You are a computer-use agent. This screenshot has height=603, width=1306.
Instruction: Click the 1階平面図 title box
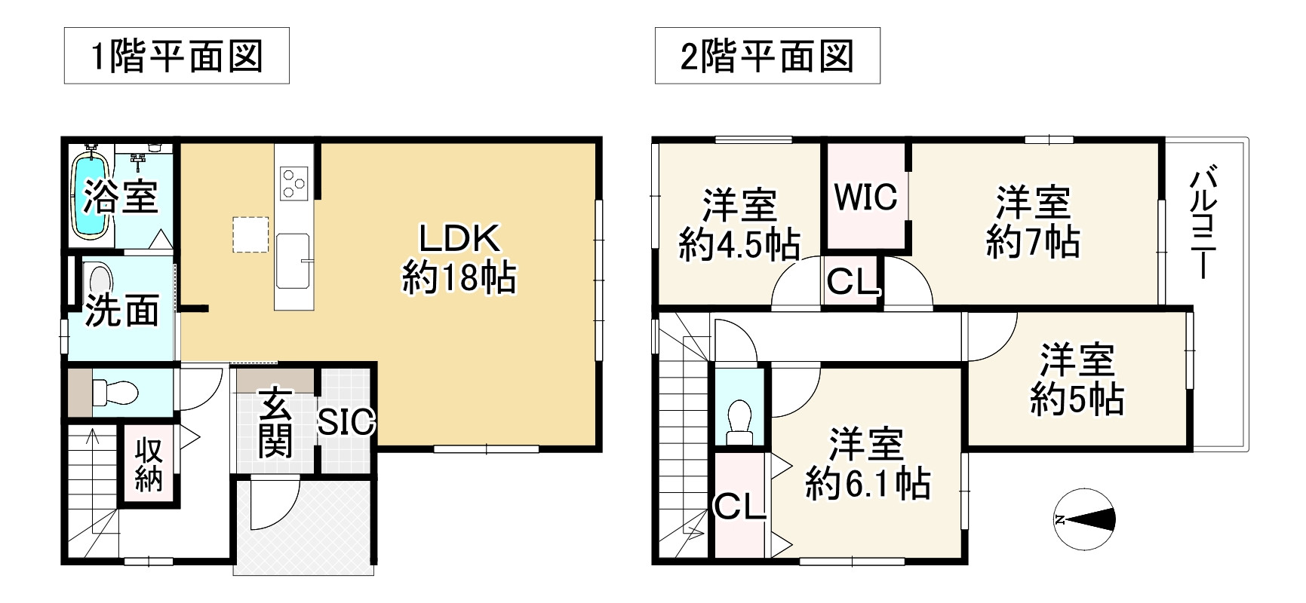pos(177,56)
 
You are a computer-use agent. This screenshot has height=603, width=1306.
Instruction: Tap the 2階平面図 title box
pos(767,56)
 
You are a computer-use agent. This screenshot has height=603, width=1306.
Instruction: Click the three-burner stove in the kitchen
pos(293,183)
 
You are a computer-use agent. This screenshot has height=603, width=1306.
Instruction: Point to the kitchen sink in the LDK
pos(293,260)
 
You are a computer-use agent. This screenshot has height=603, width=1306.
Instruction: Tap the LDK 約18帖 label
pos(459,259)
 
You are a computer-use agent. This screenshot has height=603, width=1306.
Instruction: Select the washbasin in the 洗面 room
pos(99,278)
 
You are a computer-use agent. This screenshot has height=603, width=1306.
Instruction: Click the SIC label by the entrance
pos(346,422)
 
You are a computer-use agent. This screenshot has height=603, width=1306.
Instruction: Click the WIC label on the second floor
pos(865,197)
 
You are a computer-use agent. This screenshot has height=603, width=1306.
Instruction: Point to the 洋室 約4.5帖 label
pos(739,225)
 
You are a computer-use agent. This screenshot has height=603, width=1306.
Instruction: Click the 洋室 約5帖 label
pos(1077,379)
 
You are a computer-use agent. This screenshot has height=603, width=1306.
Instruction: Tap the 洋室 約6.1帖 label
pos(868,464)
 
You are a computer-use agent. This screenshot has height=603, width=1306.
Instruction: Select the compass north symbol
pos(1084,519)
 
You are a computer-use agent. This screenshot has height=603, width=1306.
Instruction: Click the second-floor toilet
pos(739,421)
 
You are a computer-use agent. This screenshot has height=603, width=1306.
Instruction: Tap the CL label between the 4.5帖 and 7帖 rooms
pos(853,283)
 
